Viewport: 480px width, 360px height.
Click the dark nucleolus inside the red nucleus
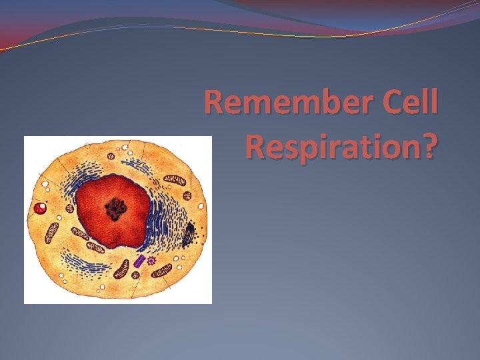pyautogui.click(x=118, y=209)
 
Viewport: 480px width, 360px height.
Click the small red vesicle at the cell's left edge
pyautogui.click(x=41, y=209)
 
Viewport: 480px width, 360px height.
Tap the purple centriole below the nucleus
pyautogui.click(x=139, y=261)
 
